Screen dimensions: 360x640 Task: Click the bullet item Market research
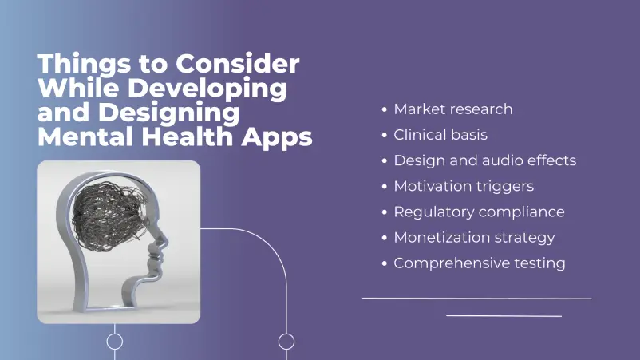[x=452, y=109]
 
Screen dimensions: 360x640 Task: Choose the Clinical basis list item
[x=440, y=135]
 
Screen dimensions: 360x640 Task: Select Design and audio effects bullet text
[x=484, y=160]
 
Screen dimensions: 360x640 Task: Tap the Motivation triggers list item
[x=464, y=186]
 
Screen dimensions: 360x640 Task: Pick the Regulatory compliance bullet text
[x=479, y=212]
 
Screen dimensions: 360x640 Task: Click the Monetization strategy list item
[x=474, y=237]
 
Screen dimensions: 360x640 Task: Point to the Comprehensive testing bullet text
[x=479, y=263]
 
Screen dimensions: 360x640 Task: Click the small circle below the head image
[x=115, y=342]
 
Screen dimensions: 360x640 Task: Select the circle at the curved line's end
[x=286, y=342]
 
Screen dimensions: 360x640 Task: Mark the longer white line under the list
[x=476, y=298]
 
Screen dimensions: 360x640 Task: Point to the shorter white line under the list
[x=504, y=315]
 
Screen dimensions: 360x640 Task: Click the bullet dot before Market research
[x=385, y=109]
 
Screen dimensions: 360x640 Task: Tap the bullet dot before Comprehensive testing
[x=385, y=263]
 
